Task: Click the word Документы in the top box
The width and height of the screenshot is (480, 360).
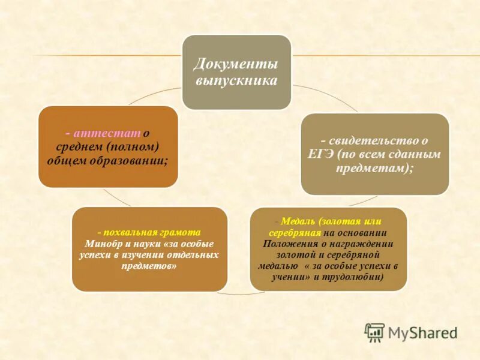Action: coord(236,64)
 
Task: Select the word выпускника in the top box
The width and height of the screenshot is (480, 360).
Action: coord(236,80)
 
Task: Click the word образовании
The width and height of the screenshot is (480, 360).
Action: coord(133,161)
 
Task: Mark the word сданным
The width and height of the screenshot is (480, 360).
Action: coord(418,155)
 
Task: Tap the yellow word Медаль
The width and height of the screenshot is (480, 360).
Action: coord(295,222)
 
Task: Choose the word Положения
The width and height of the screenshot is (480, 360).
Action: coord(289,244)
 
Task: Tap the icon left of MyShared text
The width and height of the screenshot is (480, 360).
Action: coord(374,332)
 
